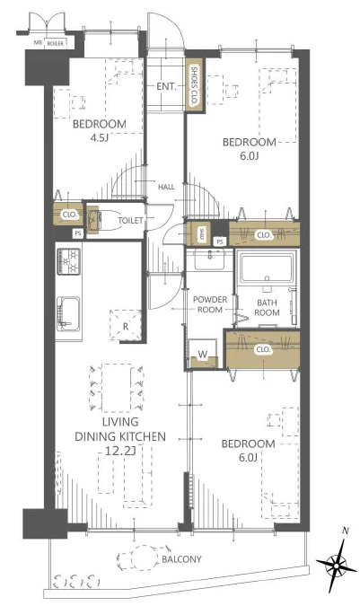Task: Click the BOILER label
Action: click(x=56, y=44)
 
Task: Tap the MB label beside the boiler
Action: click(x=38, y=43)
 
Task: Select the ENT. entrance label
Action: click(x=166, y=86)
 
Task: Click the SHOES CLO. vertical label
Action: click(x=194, y=85)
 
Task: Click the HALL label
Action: click(x=166, y=187)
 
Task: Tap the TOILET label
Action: click(x=130, y=220)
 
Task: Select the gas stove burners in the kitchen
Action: click(x=69, y=261)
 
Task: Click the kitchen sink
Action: click(x=68, y=314)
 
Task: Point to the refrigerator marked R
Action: click(x=126, y=325)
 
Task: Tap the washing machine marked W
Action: click(x=203, y=354)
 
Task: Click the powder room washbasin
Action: click(x=209, y=259)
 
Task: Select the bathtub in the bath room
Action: click(x=266, y=268)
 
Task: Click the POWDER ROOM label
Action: click(x=210, y=304)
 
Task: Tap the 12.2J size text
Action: click(x=120, y=451)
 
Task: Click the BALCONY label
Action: click(x=181, y=558)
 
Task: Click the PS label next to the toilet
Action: click(x=78, y=233)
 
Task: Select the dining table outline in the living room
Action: click(x=117, y=387)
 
